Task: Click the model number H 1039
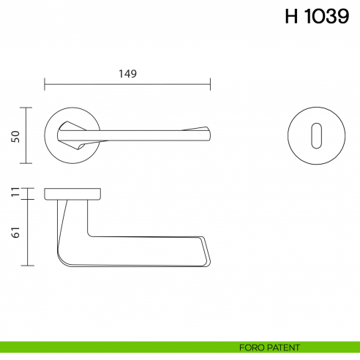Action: pos(316,17)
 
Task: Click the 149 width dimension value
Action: pos(127,73)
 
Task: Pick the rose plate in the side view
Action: pos(72,193)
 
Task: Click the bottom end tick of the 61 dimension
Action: pos(28,265)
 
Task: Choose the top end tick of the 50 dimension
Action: pos(28,108)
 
